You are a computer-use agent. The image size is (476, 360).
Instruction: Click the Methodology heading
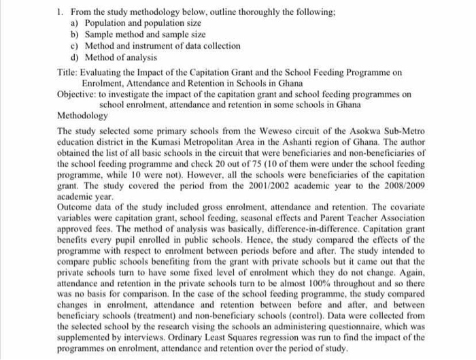tap(83, 116)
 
